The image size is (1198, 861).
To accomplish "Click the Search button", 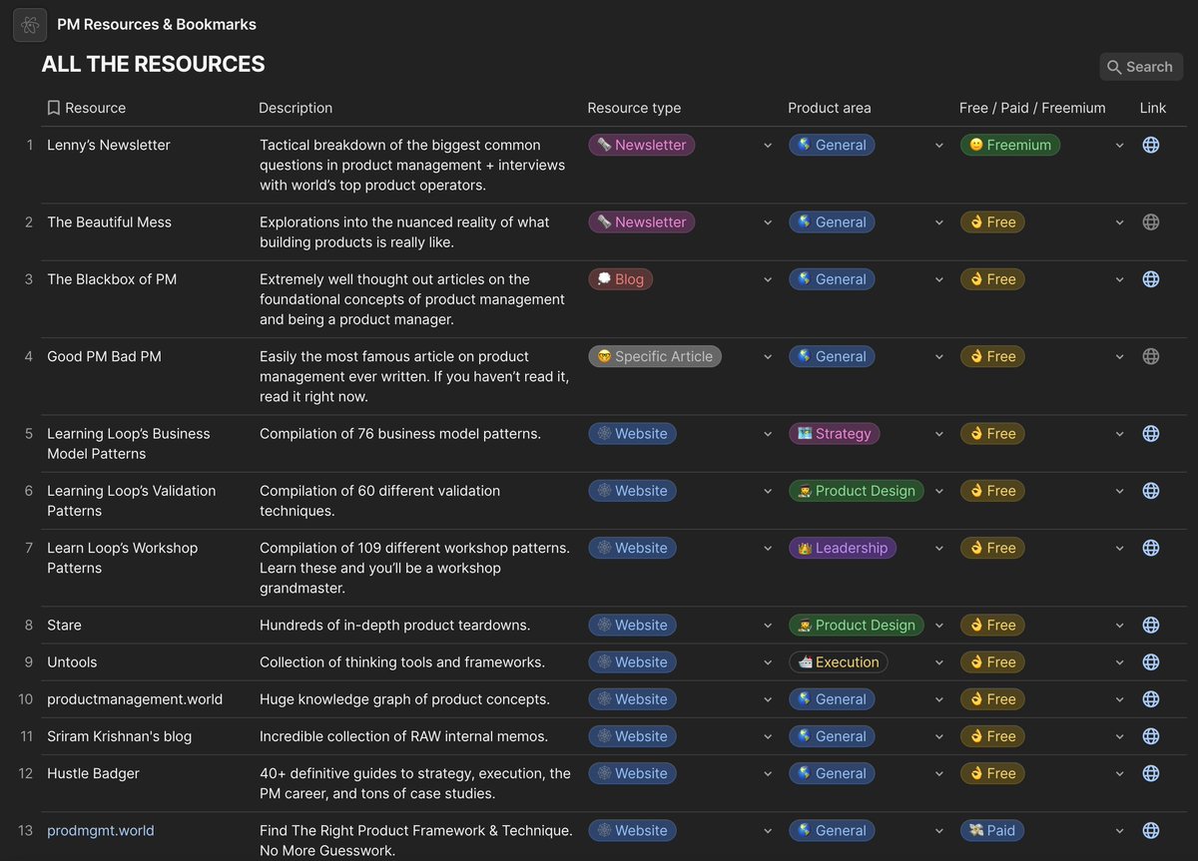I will [x=1140, y=67].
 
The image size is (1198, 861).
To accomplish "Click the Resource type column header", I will [x=634, y=108].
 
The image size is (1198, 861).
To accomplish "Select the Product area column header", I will [x=829, y=108].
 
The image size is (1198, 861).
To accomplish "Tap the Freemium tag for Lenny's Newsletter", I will [x=1009, y=145].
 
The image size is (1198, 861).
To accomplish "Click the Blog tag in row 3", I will [x=620, y=279].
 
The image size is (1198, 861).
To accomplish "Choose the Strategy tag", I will [x=833, y=433].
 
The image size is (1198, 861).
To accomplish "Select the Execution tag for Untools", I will [x=838, y=661].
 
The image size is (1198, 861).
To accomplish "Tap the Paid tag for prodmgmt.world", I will [x=991, y=830].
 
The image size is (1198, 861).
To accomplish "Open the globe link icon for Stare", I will [x=1150, y=625].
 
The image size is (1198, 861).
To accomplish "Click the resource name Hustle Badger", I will [x=93, y=773].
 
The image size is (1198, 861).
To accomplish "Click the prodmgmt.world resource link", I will [x=100, y=830].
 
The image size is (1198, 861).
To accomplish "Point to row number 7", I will [x=29, y=548].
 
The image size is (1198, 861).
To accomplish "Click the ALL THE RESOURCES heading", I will [x=153, y=64].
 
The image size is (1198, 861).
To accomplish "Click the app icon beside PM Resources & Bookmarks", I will [x=30, y=25].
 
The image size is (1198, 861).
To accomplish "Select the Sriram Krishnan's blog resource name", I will [x=119, y=736].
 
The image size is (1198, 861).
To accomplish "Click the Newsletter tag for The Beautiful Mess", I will [x=641, y=221].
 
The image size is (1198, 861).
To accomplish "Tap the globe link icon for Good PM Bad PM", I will [x=1150, y=356].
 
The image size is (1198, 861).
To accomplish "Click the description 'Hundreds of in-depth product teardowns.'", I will [x=394, y=625].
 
